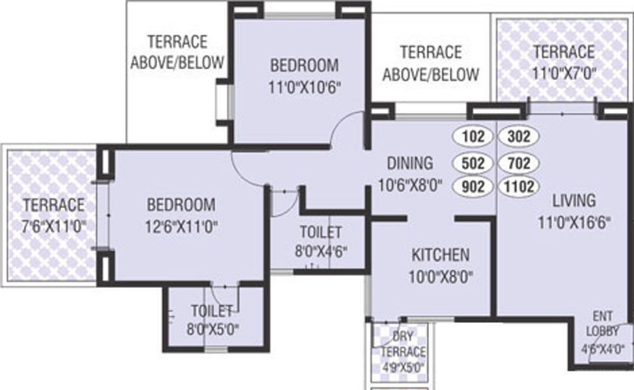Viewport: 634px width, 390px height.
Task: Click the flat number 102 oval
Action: tap(473, 137)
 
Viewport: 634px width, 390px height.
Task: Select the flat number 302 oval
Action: tap(519, 137)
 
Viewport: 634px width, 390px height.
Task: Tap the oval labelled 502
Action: tap(473, 162)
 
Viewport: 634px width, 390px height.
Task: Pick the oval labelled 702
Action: tap(519, 162)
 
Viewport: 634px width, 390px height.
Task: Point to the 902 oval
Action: tap(473, 187)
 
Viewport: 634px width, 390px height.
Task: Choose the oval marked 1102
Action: tap(519, 187)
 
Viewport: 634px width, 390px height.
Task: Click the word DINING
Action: tap(409, 162)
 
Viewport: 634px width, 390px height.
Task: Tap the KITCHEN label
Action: tap(440, 254)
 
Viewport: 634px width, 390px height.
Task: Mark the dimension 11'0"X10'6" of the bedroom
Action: tap(304, 86)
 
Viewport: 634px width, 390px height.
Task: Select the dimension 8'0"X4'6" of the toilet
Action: tap(320, 250)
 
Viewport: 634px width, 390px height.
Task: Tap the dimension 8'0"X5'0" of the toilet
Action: tap(212, 329)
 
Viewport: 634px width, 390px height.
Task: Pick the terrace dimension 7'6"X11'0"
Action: tap(53, 226)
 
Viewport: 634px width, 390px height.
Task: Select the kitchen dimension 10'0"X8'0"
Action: tap(440, 276)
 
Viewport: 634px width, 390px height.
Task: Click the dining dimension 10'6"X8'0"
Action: tap(409, 185)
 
